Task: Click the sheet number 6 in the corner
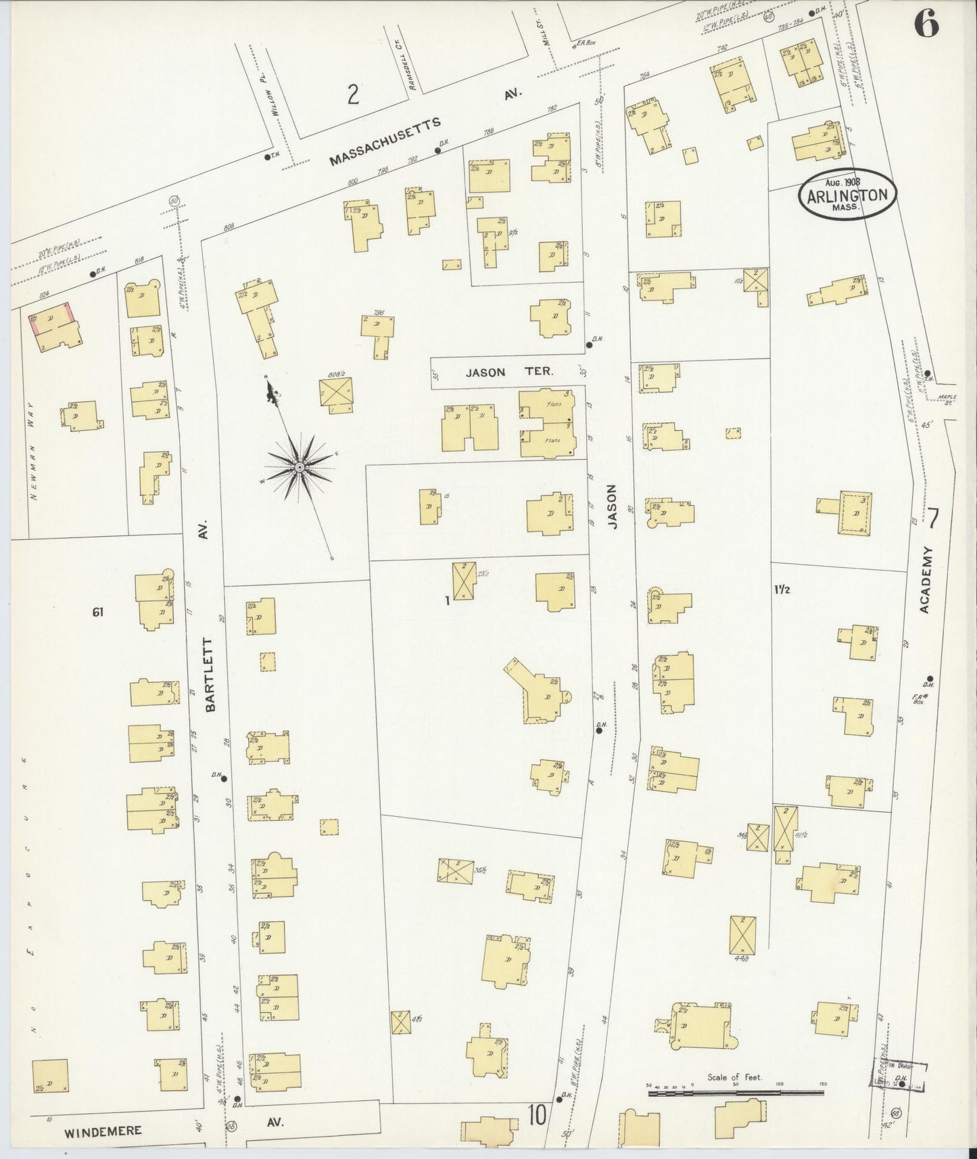tap(926, 25)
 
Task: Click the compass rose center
tap(299, 467)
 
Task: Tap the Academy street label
tap(926, 580)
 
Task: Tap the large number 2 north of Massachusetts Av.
tap(352, 96)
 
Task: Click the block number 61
tap(99, 613)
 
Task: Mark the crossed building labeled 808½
tap(337, 395)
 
